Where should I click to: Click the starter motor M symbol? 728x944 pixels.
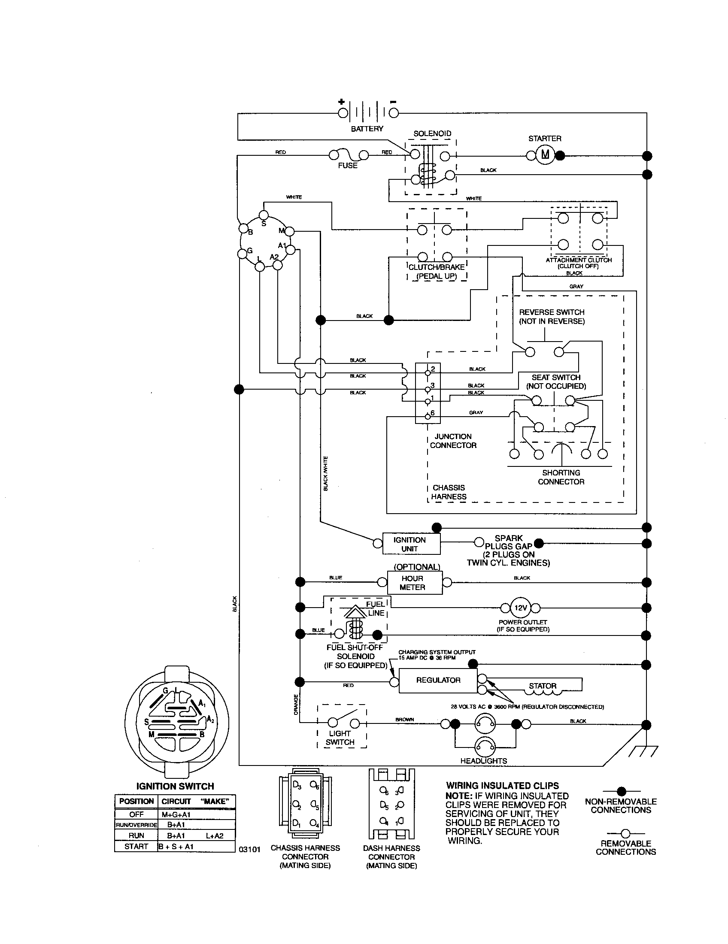[545, 155]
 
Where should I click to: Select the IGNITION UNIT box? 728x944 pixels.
[411, 544]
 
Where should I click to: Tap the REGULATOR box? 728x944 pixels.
[437, 681]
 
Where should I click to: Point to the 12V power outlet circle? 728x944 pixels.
[520, 608]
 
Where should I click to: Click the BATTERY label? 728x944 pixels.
[367, 128]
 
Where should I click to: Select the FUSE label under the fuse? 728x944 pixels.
[348, 166]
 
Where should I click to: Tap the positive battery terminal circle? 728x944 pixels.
[343, 113]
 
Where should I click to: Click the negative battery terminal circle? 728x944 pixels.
[393, 113]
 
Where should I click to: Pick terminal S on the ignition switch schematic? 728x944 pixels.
[264, 215]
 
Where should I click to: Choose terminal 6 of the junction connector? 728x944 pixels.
[428, 416]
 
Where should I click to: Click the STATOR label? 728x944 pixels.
[543, 686]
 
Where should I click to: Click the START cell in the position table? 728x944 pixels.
[136, 846]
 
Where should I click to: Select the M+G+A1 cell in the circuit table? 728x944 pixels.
[176, 814]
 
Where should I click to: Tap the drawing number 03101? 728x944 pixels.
[250, 849]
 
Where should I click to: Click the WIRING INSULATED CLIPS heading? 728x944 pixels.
[502, 786]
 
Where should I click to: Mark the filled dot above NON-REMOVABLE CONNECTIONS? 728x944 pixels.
[621, 791]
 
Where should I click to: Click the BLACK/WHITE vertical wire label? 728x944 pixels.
[325, 473]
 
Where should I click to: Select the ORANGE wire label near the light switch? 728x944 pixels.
[296, 705]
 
